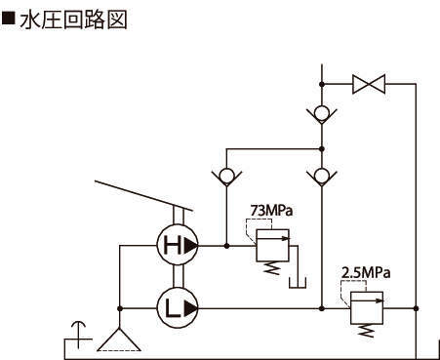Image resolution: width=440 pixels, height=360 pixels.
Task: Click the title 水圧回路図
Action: coord(73,20)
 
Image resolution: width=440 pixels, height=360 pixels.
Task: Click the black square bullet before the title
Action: coord(8,19)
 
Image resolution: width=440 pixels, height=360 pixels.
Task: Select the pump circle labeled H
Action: coord(178,245)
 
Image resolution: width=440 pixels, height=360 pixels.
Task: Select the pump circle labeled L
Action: coord(178,308)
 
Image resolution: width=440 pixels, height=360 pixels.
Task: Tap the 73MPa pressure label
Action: coord(271,210)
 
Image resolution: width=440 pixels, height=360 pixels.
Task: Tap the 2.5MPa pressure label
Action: coord(366,272)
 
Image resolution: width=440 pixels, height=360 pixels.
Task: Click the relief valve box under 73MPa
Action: coord(272,245)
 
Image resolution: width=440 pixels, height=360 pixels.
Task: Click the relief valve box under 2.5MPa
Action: coord(367,308)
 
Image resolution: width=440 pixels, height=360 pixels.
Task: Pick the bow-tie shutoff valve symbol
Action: coord(369,84)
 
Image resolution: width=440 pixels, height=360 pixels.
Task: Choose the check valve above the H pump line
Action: coord(226,176)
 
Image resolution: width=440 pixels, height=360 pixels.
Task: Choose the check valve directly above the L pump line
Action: coord(322,176)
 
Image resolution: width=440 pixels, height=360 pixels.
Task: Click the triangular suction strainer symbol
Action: coord(119,340)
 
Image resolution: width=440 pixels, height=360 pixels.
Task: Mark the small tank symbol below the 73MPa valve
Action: coord(298,283)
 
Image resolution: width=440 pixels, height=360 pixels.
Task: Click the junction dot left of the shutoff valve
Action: coord(322,84)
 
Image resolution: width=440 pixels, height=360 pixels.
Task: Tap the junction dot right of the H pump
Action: coord(226,246)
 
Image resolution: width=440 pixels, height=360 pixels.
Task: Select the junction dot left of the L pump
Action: coord(120,308)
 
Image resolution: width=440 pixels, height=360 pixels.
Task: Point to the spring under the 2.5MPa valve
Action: coord(366,331)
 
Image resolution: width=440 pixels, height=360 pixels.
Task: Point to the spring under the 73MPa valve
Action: coord(271,268)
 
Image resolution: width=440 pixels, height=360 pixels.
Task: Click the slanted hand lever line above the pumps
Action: coord(143,196)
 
